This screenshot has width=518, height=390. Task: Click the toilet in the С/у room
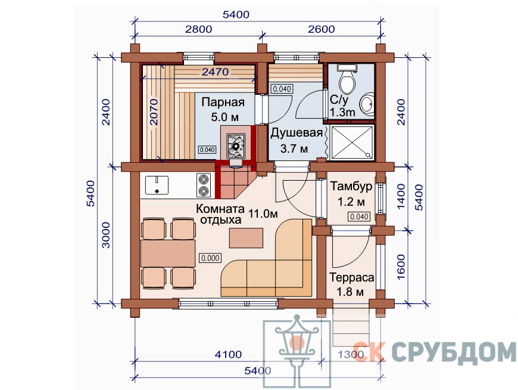click(x=347, y=78)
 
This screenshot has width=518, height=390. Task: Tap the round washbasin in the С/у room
click(x=367, y=104)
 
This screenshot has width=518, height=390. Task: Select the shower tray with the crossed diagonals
click(x=352, y=143)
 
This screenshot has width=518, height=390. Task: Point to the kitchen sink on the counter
click(x=157, y=185)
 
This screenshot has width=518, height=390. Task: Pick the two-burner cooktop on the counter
click(x=203, y=185)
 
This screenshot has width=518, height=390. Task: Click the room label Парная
click(x=223, y=102)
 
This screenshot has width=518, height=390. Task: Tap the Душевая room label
click(x=297, y=134)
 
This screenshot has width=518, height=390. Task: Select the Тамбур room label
click(x=351, y=187)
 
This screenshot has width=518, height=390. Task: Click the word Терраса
click(x=351, y=277)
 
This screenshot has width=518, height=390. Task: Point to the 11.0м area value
click(x=263, y=214)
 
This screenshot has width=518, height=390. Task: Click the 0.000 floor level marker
click(x=210, y=258)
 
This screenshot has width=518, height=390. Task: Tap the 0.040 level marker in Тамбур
click(x=359, y=216)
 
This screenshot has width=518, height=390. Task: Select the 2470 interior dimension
click(x=215, y=72)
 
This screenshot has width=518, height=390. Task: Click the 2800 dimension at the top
click(x=198, y=29)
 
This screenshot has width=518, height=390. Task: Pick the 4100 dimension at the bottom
click(x=228, y=355)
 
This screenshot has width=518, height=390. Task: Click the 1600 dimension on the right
click(x=401, y=267)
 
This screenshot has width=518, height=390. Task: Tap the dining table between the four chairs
click(x=168, y=253)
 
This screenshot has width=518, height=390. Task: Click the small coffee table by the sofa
click(x=246, y=238)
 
